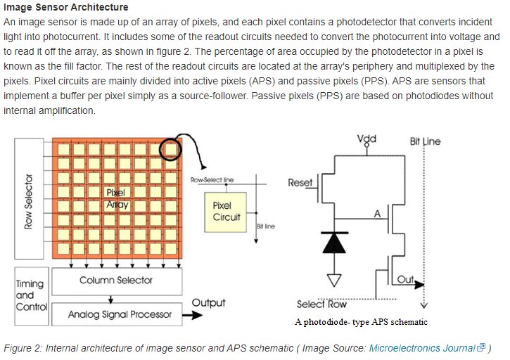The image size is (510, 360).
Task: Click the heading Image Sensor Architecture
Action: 66,7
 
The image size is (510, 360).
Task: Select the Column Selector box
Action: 116,281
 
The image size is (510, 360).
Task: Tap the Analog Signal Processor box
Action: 120,314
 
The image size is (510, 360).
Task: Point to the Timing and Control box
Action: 30,295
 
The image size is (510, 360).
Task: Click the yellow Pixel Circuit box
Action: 227,212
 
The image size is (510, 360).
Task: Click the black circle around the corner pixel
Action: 170,148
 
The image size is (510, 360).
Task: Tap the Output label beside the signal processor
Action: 208,303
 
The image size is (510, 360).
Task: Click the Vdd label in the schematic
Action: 366,139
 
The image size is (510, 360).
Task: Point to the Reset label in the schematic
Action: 300,183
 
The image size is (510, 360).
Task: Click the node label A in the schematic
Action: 378,213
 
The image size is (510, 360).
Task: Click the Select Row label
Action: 321,304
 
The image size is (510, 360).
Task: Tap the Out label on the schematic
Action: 406,280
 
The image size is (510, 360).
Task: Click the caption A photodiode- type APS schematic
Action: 361,322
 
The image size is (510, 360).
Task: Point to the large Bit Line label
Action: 425,141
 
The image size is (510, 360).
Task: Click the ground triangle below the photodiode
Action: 334,280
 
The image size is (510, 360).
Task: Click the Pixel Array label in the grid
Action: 116,198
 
